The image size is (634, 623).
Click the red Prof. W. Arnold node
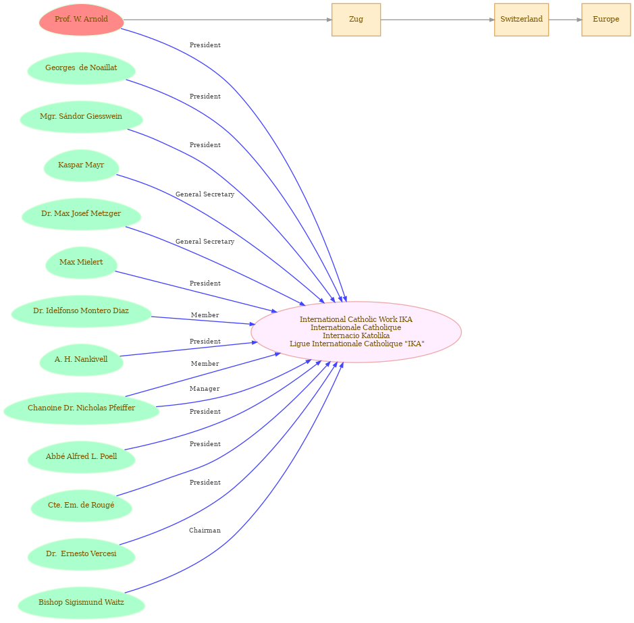pyautogui.click(x=81, y=20)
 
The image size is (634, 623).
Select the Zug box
pyautogui.click(x=356, y=20)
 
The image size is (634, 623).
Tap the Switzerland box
pyautogui.click(x=521, y=20)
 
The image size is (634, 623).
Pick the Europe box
pyautogui.click(x=606, y=20)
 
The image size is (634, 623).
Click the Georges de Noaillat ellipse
pyautogui.click(x=81, y=68)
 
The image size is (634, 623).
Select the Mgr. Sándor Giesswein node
pyautogui.click(x=81, y=117)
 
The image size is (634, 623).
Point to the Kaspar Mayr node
pyautogui.click(x=81, y=165)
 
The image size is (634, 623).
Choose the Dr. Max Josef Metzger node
pyautogui.click(x=81, y=213)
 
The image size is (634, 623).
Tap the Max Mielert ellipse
pyautogui.click(x=81, y=262)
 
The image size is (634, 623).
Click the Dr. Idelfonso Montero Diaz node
pyautogui.click(x=81, y=311)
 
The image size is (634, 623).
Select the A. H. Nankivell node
pyautogui.click(x=81, y=359)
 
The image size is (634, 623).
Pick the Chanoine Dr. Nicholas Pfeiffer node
pyautogui.click(x=81, y=408)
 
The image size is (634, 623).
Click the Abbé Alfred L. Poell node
pyautogui.click(x=81, y=456)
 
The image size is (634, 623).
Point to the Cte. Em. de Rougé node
pyautogui.click(x=81, y=505)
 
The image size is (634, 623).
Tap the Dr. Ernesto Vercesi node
pyautogui.click(x=81, y=553)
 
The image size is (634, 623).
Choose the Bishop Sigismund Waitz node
pyautogui.click(x=81, y=602)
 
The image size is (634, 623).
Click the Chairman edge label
pyautogui.click(x=205, y=531)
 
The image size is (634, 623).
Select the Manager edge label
pyautogui.click(x=205, y=389)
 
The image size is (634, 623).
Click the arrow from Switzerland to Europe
pyautogui.click(x=565, y=20)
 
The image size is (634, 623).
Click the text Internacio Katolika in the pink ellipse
pyautogui.click(x=356, y=335)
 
